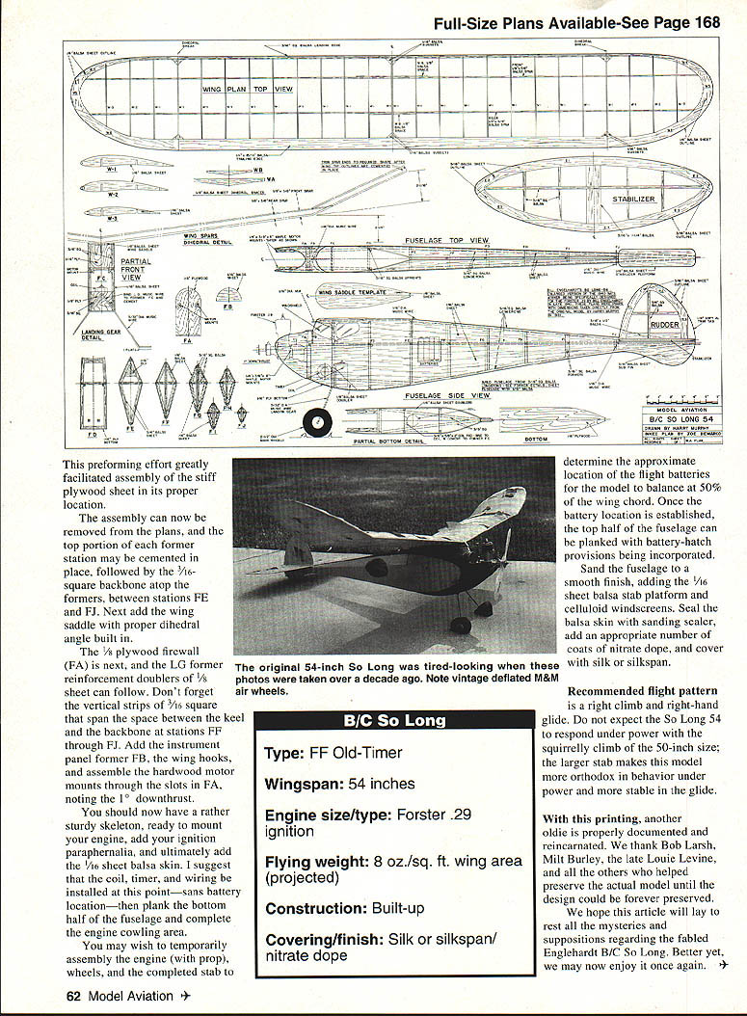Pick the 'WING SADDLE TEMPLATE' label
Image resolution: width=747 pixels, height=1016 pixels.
coord(352,291)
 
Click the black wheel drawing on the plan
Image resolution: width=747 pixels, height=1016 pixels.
coord(315,422)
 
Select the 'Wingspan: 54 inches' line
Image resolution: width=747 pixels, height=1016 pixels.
coord(339,784)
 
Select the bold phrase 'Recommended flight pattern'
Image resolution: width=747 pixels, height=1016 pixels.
coord(642,690)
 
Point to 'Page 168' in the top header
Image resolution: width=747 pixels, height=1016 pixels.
coord(683,24)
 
